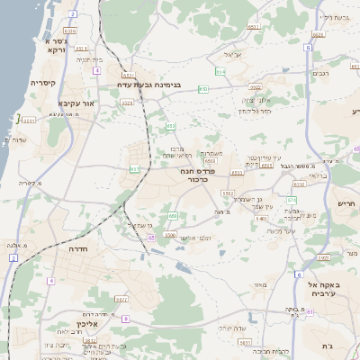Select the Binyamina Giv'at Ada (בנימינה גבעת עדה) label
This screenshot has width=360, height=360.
[152, 86]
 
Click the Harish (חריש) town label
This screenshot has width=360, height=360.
[346, 203]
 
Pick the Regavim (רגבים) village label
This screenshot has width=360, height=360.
[319, 74]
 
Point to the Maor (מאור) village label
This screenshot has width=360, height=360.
[261, 285]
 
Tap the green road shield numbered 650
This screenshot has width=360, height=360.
[173, 215]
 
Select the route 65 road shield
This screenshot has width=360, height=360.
[152, 237]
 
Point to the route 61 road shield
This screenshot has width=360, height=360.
[308, 312]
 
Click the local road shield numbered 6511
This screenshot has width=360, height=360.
[30, 120]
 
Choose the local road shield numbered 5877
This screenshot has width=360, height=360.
[121, 298]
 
